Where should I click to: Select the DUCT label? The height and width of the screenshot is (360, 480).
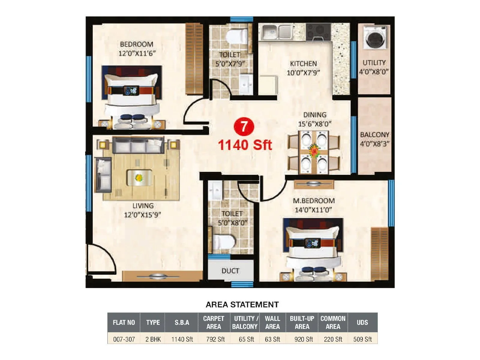[x=230, y=271]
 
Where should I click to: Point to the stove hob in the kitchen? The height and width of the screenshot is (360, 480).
[x=319, y=31]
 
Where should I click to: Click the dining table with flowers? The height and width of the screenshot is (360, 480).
[x=314, y=152]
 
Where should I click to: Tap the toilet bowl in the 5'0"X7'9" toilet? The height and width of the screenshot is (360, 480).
[x=236, y=36]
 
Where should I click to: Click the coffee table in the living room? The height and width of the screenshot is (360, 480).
[x=139, y=178]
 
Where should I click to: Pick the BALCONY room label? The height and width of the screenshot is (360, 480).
[x=374, y=135]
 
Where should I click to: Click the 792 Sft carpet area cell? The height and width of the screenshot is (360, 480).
[x=215, y=339]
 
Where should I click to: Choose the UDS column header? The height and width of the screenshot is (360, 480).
[x=362, y=322]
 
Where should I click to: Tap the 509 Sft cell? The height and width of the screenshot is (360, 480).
[x=362, y=339]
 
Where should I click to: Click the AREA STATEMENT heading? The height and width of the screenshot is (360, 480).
[x=242, y=305]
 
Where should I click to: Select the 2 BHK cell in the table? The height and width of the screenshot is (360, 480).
[x=153, y=339]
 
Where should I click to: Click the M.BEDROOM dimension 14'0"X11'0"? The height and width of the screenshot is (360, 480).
[x=313, y=210]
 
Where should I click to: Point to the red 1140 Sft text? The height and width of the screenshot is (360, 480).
[x=245, y=145]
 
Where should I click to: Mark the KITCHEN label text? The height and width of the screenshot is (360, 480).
[x=303, y=64]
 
